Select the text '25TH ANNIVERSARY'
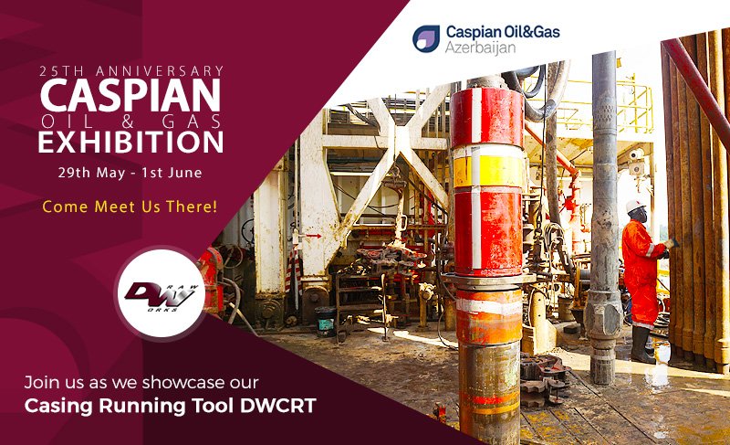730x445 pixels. (131, 70)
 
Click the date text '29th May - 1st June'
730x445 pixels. (131, 171)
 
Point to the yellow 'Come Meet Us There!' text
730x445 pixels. (130, 207)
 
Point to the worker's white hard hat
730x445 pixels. (635, 207)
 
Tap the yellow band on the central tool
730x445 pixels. (488, 169)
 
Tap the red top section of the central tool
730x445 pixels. (488, 114)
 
